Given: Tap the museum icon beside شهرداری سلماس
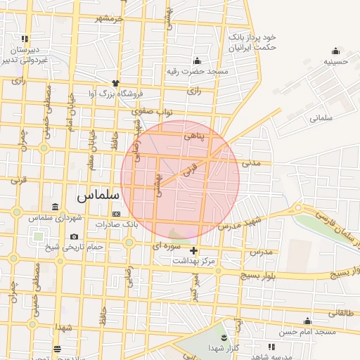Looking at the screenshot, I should click(x=56, y=207).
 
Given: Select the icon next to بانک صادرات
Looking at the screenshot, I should click(x=117, y=214).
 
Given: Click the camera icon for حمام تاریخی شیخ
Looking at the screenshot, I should click(x=75, y=236).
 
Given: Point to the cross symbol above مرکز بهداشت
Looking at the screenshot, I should click(x=194, y=250).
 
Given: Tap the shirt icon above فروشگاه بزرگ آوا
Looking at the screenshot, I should click(x=115, y=83).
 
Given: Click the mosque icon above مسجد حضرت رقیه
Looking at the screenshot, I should click(x=197, y=60).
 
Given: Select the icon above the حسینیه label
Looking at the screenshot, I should click(x=335, y=50).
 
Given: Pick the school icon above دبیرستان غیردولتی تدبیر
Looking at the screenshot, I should click(x=25, y=39).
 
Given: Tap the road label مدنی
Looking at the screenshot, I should click(x=250, y=162).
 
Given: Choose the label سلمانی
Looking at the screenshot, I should click(x=323, y=119).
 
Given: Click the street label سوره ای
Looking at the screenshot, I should click(x=167, y=247).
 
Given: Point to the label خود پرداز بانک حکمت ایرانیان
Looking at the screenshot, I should click(x=250, y=41).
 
